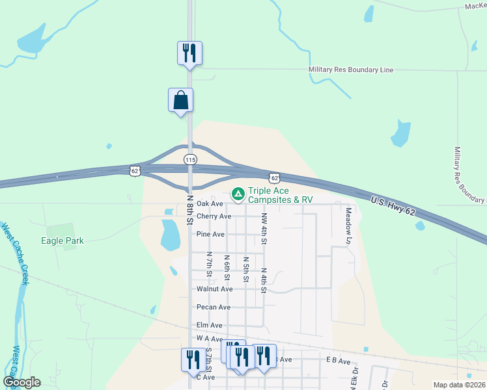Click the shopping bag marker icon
click(180, 101)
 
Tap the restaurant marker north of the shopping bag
click(189, 53)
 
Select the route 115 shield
click(189, 159)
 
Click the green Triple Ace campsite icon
click(238, 194)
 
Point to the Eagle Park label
click(62, 240)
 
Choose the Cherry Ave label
click(214, 216)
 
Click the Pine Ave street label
click(210, 234)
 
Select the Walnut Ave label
click(214, 289)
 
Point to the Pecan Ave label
click(214, 307)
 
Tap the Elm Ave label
click(209, 325)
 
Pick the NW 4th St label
click(264, 228)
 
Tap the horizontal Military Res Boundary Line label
click(350, 70)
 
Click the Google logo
click(21, 382)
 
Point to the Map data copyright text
click(460, 385)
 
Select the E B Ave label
click(339, 360)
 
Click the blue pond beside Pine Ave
click(170, 235)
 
